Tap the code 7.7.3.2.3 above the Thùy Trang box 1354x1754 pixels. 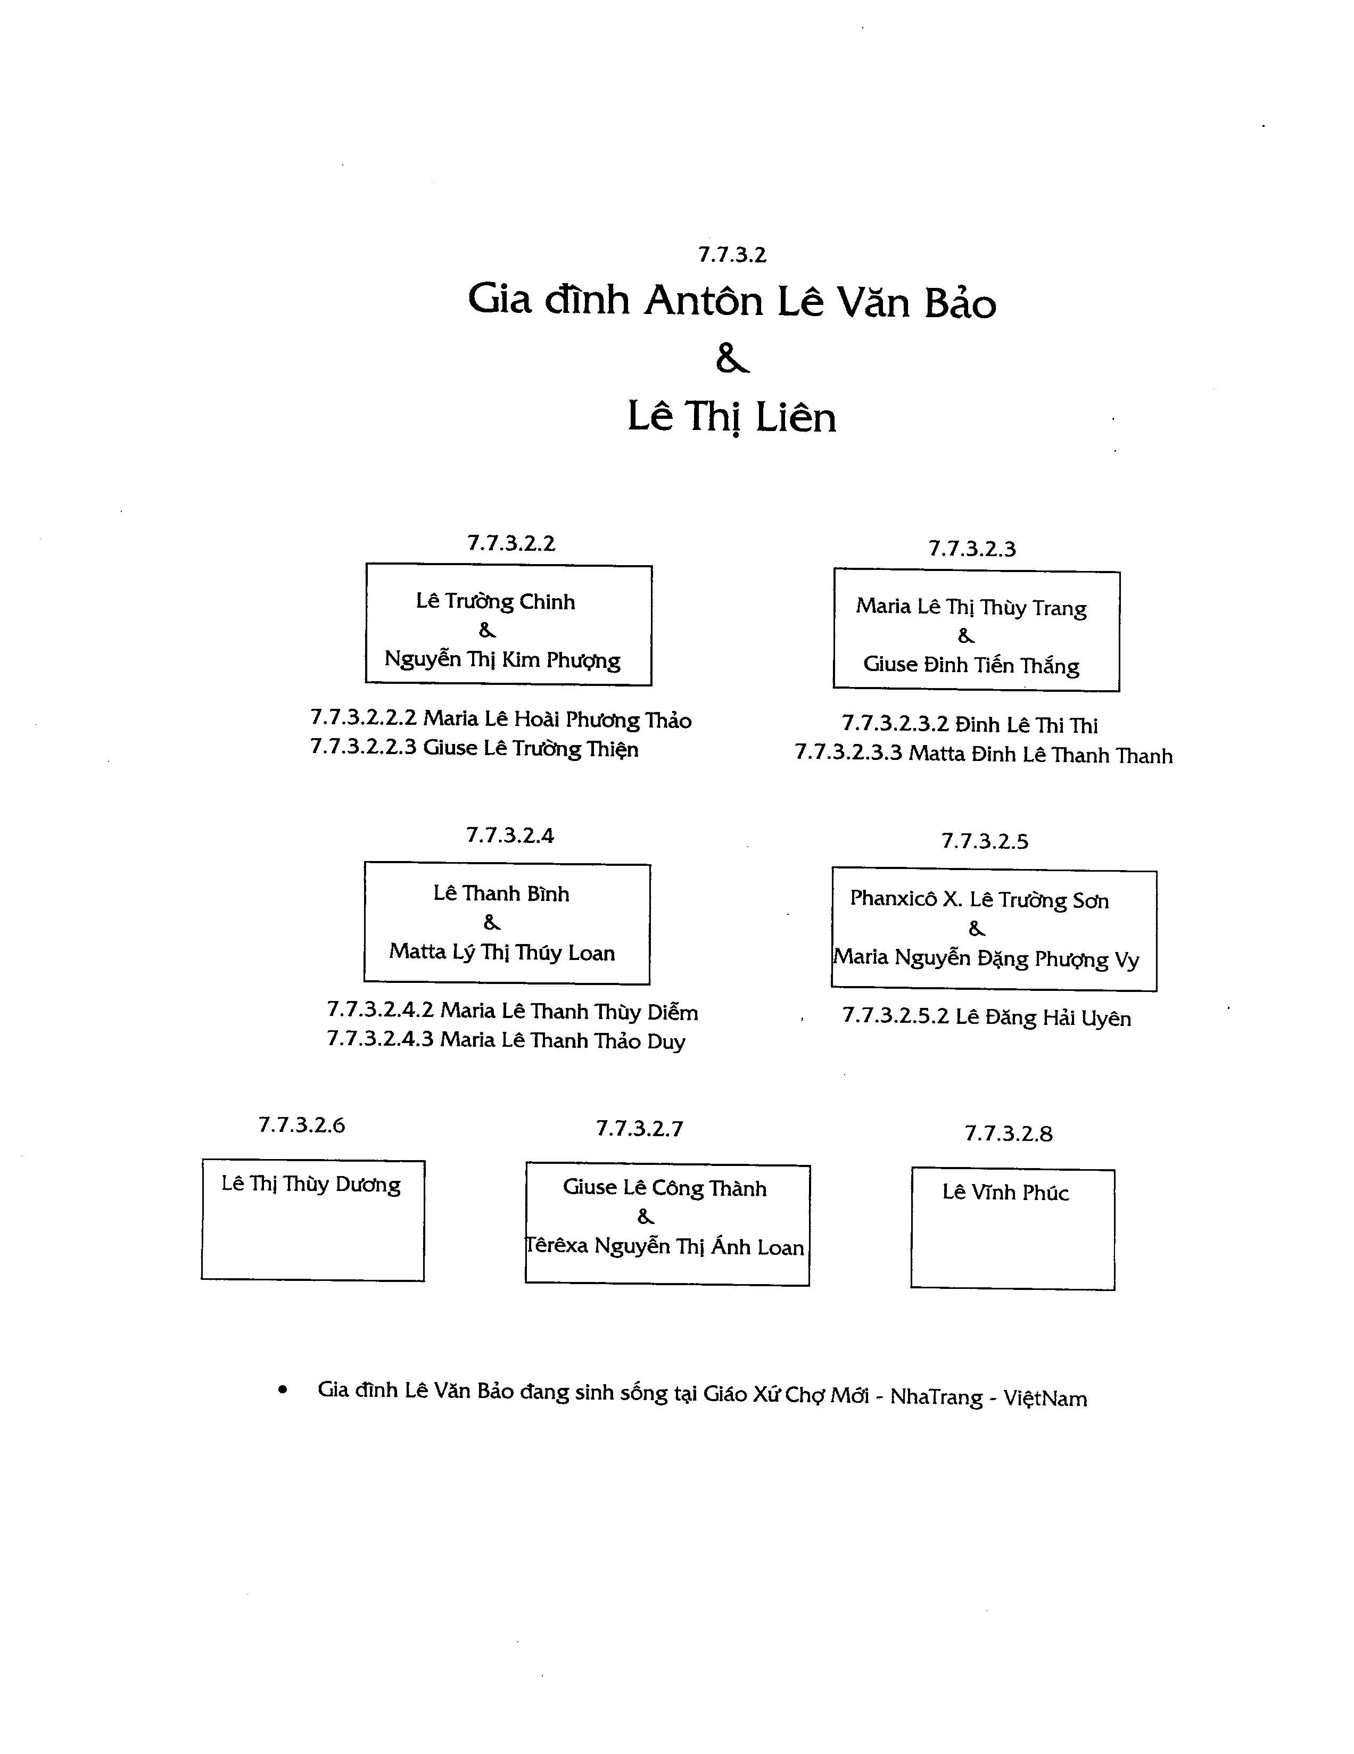point(972,549)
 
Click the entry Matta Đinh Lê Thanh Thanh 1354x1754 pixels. point(1040,755)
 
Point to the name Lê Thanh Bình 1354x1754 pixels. point(501,894)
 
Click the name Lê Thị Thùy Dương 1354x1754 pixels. point(311,1185)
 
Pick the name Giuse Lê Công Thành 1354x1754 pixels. point(664,1188)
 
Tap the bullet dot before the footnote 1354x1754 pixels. point(282,1390)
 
